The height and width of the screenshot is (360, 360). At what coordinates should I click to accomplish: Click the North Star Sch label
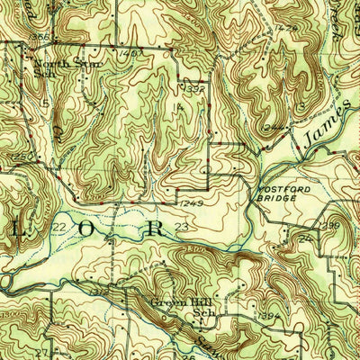coord(62,64)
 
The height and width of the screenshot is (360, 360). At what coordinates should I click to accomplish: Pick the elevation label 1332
coord(191,90)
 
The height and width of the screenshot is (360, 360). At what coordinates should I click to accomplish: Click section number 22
coord(60,227)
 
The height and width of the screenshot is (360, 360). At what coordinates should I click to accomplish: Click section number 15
coord(42,104)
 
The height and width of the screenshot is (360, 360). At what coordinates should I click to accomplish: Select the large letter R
coord(156,228)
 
